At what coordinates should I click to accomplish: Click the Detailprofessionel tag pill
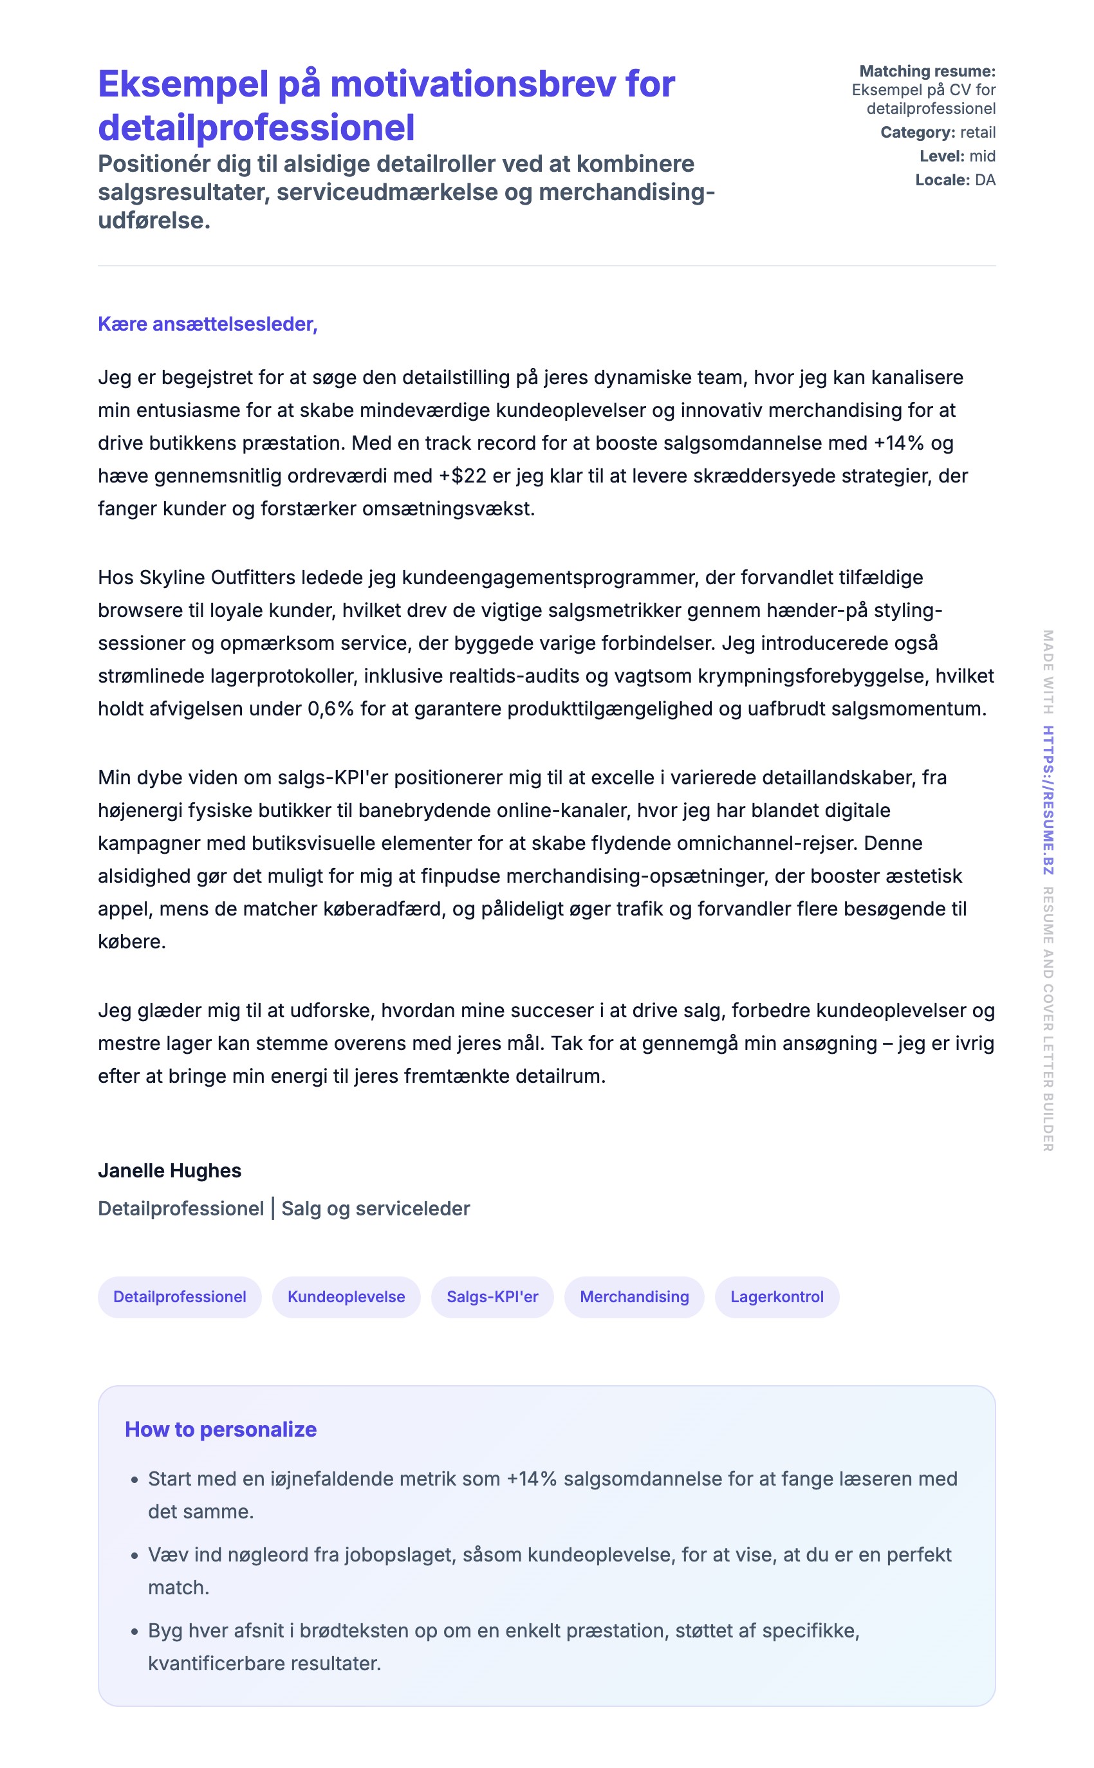(x=180, y=1296)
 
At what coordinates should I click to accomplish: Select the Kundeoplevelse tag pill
(x=346, y=1296)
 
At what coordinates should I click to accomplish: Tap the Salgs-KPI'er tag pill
(x=492, y=1296)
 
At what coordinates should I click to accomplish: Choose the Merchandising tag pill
(x=634, y=1296)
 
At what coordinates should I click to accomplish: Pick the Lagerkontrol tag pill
(x=776, y=1296)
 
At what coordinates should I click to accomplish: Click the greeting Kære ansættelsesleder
(x=208, y=324)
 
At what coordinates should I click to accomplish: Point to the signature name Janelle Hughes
(x=169, y=1170)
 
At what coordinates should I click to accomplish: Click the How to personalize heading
(x=221, y=1429)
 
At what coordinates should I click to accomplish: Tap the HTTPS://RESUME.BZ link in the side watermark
(x=1048, y=800)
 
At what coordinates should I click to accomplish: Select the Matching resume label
(x=927, y=71)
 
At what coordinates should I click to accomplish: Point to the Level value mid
(x=983, y=156)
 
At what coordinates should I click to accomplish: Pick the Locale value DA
(x=985, y=180)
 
